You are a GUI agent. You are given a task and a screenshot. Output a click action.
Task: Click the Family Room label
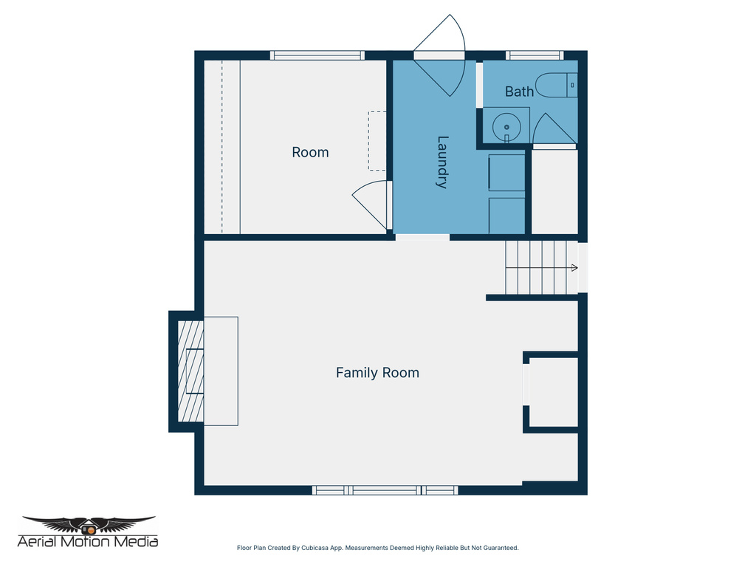[x=377, y=373]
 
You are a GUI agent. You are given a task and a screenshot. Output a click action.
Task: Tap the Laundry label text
[x=442, y=162]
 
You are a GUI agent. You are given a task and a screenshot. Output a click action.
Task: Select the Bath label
[x=519, y=92]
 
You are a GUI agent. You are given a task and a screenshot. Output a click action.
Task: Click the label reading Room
[x=310, y=152]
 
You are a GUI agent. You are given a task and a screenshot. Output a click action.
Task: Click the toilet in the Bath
[x=556, y=86]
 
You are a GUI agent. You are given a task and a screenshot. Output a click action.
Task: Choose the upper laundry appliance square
[x=506, y=173]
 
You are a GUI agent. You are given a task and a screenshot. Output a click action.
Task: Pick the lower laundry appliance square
[x=506, y=215]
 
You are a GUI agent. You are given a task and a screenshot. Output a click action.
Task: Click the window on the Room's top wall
[x=317, y=55]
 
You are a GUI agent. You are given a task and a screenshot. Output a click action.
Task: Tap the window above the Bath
[x=534, y=55]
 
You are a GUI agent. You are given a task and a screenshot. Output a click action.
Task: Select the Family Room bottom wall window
[x=385, y=490]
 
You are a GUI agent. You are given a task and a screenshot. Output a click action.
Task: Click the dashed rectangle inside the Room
[x=377, y=140]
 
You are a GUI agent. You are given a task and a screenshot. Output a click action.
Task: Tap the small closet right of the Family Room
[x=553, y=392]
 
